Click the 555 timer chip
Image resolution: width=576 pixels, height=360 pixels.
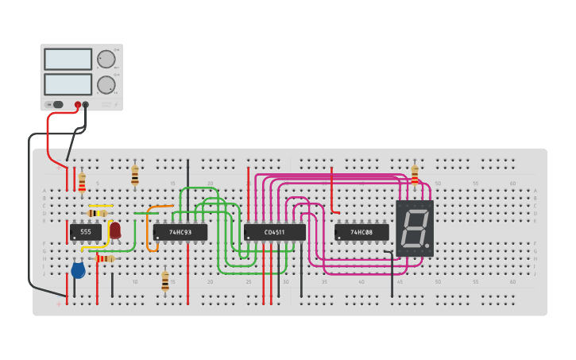point(85,231)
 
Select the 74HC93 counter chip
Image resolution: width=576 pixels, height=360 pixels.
point(180,232)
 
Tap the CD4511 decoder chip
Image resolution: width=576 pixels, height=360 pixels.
point(274,232)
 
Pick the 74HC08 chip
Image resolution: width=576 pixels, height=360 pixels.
point(361,232)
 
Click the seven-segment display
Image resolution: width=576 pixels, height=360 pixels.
point(414,228)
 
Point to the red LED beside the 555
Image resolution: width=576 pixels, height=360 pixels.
point(115,230)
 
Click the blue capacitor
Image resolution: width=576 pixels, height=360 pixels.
point(78,270)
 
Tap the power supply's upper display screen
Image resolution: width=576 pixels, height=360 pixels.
point(68,59)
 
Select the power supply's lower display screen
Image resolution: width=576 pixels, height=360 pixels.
point(68,84)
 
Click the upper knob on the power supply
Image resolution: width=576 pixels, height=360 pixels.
point(106,59)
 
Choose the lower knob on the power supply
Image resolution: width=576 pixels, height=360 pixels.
point(106,84)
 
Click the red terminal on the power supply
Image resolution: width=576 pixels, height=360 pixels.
point(78,104)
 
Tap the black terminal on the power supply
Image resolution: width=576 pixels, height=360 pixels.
point(86,104)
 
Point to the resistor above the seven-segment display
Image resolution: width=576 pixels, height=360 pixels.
point(414,174)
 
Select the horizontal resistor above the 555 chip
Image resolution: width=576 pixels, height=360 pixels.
point(97,213)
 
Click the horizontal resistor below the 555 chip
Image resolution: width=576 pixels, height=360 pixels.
point(105,258)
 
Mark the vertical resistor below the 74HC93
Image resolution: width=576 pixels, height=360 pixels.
point(165,281)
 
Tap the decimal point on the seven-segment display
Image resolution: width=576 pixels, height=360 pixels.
point(429,247)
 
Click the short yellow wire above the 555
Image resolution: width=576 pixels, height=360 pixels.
point(101,206)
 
